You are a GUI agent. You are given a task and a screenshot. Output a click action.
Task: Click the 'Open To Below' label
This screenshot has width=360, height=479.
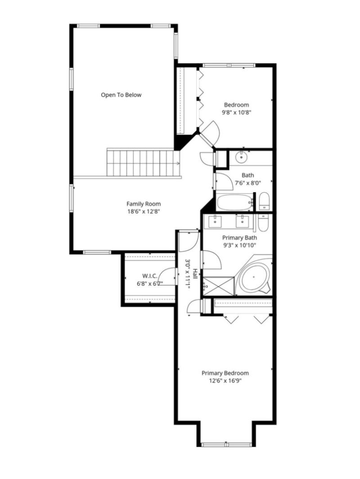(x=121, y=95)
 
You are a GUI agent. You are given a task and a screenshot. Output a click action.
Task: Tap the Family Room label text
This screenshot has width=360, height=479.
(x=144, y=204)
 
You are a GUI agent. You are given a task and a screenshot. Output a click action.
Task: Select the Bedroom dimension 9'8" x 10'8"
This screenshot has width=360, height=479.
(x=237, y=112)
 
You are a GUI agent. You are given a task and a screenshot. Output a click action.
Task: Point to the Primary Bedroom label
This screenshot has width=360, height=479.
(x=225, y=373)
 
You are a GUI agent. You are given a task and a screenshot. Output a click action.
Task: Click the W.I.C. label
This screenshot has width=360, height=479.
(x=150, y=276)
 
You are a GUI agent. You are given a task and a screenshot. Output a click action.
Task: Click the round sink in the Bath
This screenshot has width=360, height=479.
(x=242, y=157)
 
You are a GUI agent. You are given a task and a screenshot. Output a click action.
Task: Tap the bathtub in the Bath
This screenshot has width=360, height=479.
(x=234, y=202)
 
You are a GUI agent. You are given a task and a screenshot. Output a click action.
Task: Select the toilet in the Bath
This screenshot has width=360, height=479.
(x=264, y=201)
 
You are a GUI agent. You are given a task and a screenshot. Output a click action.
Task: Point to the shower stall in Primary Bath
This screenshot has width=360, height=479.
(x=219, y=286)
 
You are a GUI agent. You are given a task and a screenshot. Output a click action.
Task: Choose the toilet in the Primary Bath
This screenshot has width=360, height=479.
(x=263, y=223)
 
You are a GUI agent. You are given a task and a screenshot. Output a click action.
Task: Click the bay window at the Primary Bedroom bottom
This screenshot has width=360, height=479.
(x=226, y=444)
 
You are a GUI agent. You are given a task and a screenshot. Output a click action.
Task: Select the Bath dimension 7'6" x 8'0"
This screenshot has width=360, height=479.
(x=247, y=183)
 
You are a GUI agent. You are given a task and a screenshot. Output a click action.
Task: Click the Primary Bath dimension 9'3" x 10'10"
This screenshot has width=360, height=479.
(x=239, y=245)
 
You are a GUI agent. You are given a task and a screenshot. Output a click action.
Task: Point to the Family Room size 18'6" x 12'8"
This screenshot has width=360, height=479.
(x=144, y=211)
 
